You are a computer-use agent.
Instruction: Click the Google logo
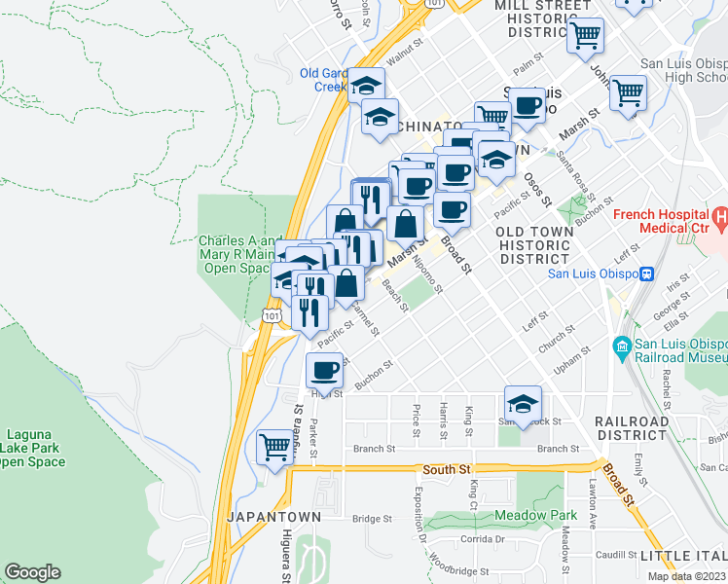click(x=32, y=572)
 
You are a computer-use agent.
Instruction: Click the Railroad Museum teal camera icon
click(x=620, y=346)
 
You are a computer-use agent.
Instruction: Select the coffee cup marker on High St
click(x=325, y=370)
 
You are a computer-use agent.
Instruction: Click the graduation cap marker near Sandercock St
click(x=523, y=403)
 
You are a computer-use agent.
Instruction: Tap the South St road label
click(x=447, y=470)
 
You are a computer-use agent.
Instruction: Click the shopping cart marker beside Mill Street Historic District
click(x=585, y=36)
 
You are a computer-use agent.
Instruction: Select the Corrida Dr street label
click(x=484, y=538)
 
